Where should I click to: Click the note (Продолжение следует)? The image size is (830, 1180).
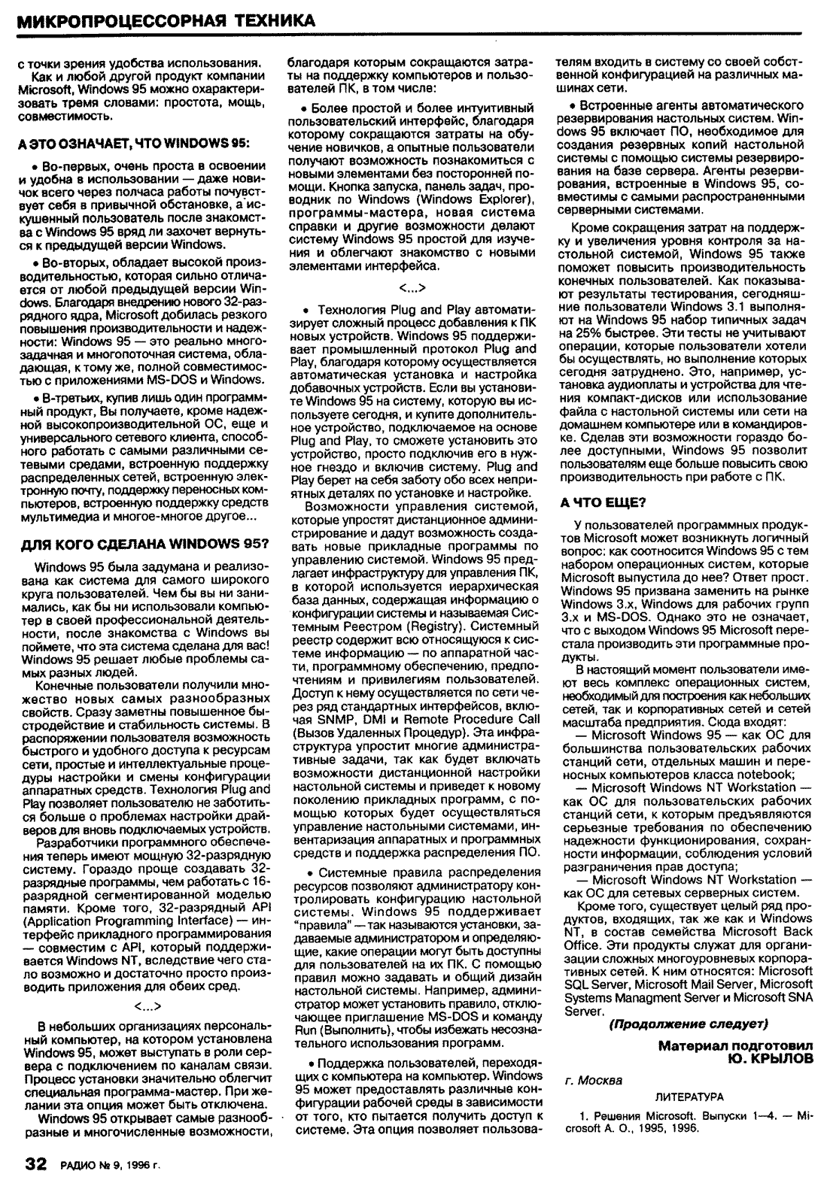point(688,1024)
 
